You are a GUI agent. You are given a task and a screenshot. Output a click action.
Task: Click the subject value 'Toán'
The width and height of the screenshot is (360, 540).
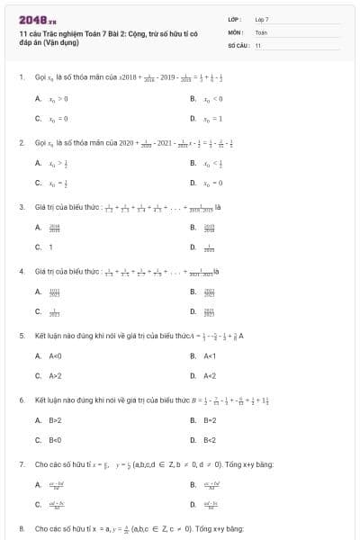coord(261,31)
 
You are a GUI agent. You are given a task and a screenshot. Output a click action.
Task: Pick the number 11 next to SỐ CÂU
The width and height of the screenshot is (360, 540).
coord(258,44)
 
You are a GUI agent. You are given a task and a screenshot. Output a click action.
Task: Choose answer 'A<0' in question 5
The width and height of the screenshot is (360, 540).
coord(54,356)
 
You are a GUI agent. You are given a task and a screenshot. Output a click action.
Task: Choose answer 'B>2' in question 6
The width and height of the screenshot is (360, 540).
coord(54,420)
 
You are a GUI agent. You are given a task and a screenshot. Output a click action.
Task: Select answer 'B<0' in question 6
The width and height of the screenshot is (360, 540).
coord(54,440)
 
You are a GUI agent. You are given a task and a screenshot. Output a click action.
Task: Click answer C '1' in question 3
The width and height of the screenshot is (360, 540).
coord(50,247)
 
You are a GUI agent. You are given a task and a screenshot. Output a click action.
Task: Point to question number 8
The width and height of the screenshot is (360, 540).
coord(22,528)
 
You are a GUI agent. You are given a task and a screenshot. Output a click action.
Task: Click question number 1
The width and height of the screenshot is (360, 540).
coord(22,77)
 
